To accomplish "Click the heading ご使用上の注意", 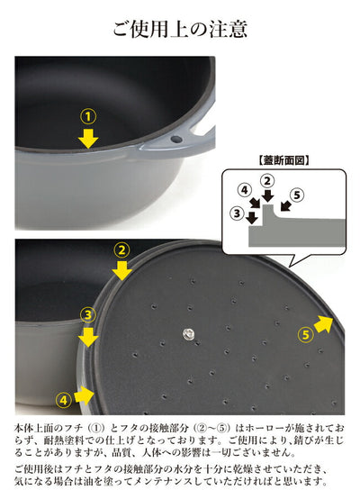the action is tap(180, 30).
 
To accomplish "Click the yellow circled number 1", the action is tap(88, 116).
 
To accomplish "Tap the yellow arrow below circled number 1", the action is tap(88, 138).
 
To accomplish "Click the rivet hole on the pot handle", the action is tap(176, 139).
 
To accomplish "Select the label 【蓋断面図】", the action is tap(283, 160).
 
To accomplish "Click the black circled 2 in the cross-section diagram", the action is tap(267, 181).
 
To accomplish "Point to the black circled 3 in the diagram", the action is tap(238, 213).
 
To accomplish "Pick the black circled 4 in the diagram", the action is tap(245, 190).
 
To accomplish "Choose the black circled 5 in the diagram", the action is tap(297, 195).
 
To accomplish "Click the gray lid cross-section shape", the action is tap(296, 229).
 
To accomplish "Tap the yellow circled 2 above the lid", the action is tap(121, 250).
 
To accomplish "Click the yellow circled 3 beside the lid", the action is tap(88, 315).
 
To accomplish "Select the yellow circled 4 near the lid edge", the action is tap(64, 400).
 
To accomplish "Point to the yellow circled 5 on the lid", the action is tap(305, 335).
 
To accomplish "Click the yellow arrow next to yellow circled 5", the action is tap(324, 324).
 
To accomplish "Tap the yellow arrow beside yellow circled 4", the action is tap(85, 395).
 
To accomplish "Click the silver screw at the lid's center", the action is tap(188, 334).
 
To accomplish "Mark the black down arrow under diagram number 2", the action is tap(268, 195).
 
